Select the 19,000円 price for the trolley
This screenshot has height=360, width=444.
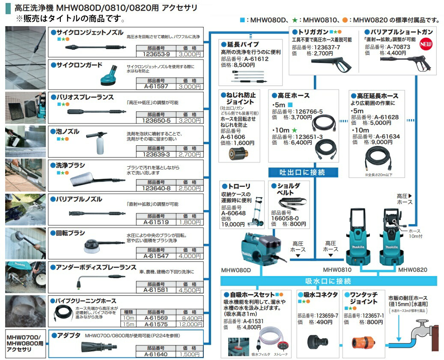(x=233, y=224)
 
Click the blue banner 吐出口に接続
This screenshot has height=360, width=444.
(x=303, y=172)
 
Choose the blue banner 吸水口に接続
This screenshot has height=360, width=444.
(x=328, y=281)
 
